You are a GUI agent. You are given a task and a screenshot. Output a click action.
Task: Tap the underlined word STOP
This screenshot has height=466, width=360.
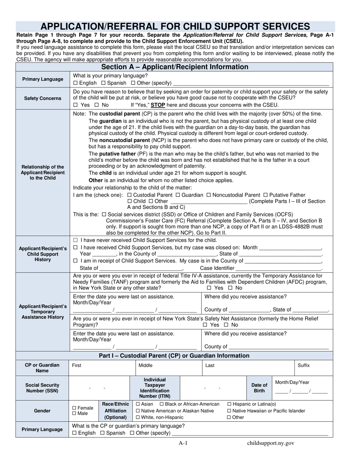coord(158,105)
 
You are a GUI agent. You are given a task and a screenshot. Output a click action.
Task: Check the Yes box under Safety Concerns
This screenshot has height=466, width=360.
coord(75,105)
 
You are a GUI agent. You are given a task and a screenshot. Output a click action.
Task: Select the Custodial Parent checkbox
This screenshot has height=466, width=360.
coord(130,195)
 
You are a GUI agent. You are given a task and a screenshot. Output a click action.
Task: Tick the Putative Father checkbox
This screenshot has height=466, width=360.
coord(265,195)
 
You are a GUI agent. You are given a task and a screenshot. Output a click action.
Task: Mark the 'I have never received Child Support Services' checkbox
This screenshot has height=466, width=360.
coord(75,240)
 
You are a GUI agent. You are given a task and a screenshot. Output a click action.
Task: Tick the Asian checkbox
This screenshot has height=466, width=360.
coord(138,404)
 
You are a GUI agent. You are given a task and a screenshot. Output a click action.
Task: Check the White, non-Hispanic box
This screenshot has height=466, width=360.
coord(138,418)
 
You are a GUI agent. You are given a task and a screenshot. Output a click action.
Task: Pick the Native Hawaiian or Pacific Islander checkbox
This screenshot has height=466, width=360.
coord(229,411)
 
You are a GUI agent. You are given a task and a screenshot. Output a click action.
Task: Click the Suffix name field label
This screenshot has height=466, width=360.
coord(304,366)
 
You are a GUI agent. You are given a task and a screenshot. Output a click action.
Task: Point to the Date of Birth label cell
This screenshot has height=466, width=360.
coord(259,388)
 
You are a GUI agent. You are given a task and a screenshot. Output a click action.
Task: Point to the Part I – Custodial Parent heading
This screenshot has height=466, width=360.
coord(174,356)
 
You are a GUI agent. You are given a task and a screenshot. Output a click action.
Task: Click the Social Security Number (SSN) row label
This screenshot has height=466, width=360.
coord(42,388)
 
